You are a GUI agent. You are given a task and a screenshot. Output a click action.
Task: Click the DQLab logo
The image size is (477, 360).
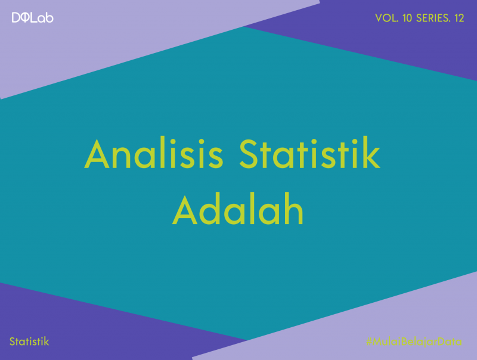pyautogui.click(x=32, y=18)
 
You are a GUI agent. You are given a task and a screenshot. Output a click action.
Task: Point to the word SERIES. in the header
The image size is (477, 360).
pyautogui.click(x=434, y=18)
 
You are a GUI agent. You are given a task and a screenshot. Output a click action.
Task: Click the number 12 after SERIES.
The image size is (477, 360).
pyautogui.click(x=459, y=18)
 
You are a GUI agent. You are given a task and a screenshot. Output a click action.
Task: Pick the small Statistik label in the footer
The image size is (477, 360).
pyautogui.click(x=29, y=342)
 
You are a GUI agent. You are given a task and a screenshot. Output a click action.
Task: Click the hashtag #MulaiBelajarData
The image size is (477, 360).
pyautogui.click(x=414, y=342)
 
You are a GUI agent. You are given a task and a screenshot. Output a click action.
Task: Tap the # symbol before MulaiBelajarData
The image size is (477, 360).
pyautogui.click(x=370, y=342)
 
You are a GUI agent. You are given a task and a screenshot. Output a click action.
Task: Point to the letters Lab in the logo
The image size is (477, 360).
pyautogui.click(x=43, y=18)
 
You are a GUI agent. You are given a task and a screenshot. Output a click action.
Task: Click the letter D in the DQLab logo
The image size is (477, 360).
pyautogui.click(x=16, y=18)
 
